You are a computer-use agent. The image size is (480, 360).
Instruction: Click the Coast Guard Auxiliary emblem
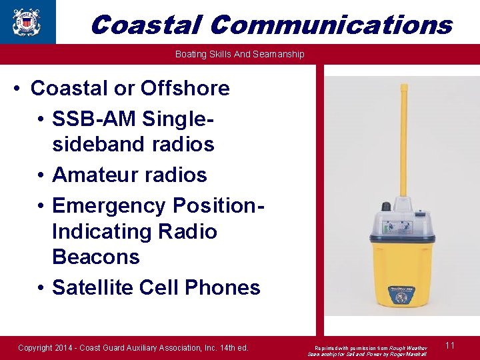27,22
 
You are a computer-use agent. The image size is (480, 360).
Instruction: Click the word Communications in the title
331,25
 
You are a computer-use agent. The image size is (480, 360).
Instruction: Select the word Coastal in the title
145,25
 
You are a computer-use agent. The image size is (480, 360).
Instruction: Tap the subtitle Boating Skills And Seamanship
239,54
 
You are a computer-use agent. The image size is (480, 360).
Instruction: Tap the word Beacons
95,257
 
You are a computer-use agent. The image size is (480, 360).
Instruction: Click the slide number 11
450,345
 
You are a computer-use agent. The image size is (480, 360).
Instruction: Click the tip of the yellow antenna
403,87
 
